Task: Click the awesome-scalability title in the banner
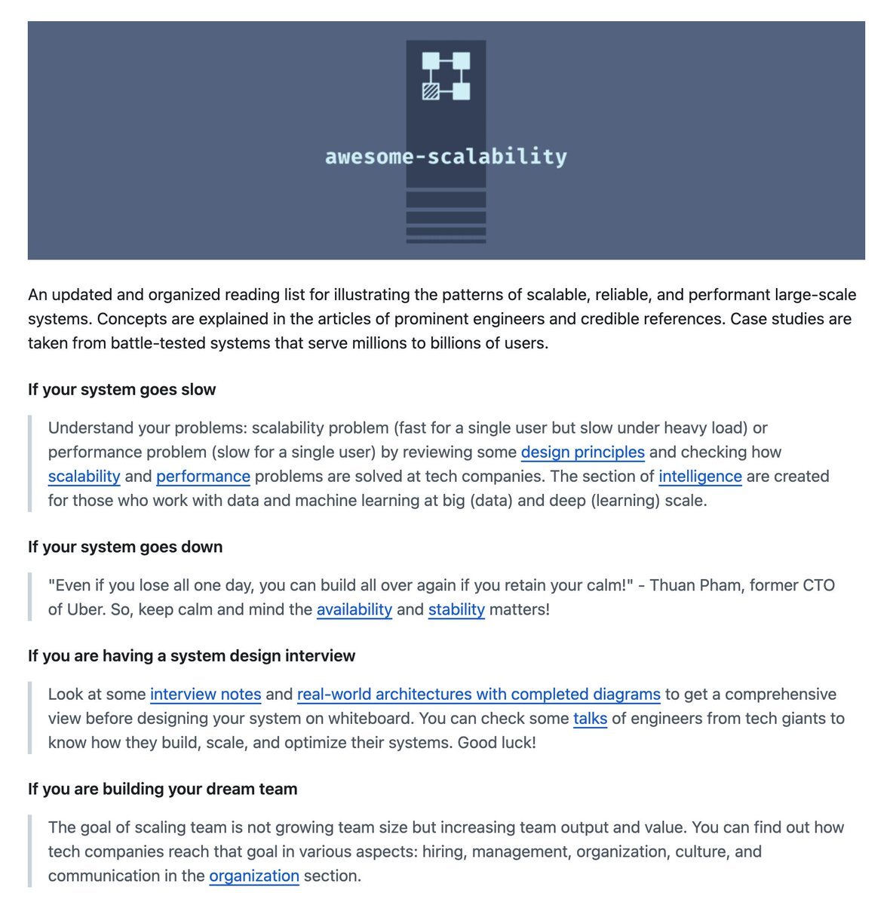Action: pos(446,157)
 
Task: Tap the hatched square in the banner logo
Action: pos(431,92)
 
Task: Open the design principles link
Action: pos(582,452)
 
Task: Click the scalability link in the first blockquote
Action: pos(84,477)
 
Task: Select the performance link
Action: pos(203,477)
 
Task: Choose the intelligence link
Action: pos(700,477)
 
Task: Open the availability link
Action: pos(354,609)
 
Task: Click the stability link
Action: pos(456,609)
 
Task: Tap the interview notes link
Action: pos(205,695)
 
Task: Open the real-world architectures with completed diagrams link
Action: pos(478,695)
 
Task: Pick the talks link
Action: pos(590,719)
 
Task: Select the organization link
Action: pos(254,876)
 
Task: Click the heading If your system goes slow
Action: pos(121,390)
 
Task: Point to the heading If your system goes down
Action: pos(125,548)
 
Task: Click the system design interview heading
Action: pos(192,656)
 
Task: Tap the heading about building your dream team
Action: pos(162,790)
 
